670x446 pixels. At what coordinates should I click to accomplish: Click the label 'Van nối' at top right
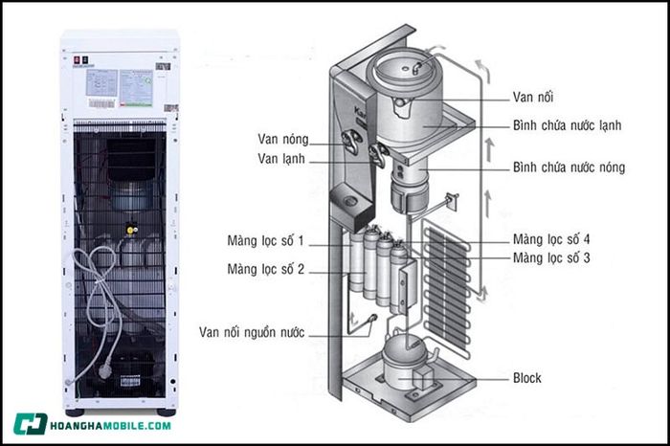point(534,97)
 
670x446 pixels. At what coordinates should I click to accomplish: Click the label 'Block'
point(528,377)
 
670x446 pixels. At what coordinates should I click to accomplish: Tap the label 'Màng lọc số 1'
point(265,239)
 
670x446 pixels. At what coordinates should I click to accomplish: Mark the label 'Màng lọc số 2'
point(265,269)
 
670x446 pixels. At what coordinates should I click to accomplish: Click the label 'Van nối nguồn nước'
point(252,332)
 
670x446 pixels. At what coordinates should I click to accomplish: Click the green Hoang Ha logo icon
point(30,425)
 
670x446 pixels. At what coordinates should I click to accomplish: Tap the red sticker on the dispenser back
point(77,59)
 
